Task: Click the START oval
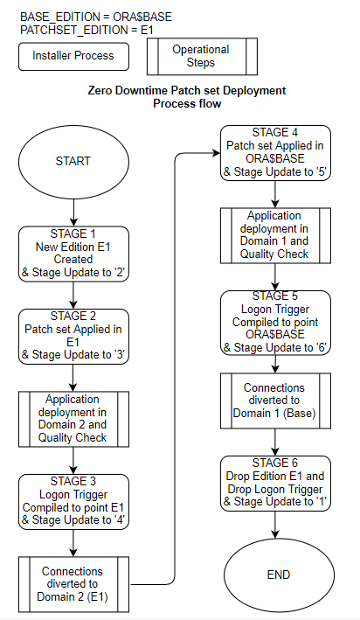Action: [x=73, y=162]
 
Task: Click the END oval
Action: [x=276, y=575]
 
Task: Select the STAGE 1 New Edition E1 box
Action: [x=73, y=253]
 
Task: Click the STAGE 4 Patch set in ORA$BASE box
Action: [x=276, y=153]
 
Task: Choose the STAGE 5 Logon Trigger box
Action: [x=276, y=322]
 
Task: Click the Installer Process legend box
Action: [x=73, y=56]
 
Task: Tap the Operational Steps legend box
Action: [x=200, y=56]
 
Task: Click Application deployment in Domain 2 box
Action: [x=73, y=419]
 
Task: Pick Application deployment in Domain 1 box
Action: [x=276, y=235]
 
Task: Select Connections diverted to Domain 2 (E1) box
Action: [x=73, y=583]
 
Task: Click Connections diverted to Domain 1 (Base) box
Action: [x=276, y=400]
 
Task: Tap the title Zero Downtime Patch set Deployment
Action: [x=187, y=91]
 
